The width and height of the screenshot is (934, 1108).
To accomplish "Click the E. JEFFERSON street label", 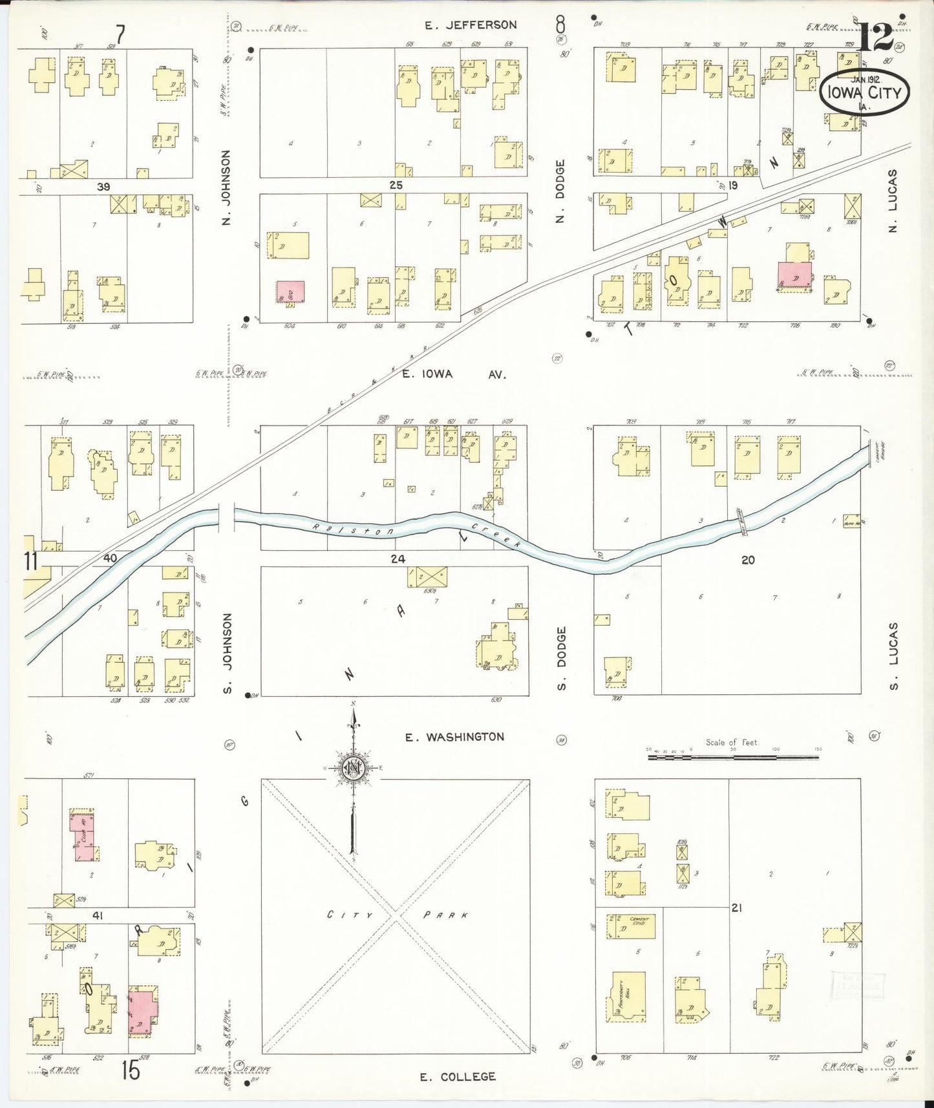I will click(x=471, y=25).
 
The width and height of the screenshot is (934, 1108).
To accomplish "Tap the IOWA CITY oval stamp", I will click(x=864, y=92).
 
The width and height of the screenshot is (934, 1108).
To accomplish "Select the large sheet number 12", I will click(x=876, y=37).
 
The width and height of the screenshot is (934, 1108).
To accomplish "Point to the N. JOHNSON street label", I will click(x=226, y=187).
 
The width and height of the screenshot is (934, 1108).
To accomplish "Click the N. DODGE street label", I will click(x=560, y=191).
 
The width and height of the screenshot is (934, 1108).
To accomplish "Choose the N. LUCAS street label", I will click(x=893, y=200).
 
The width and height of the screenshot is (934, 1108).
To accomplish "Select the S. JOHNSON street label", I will click(x=228, y=654).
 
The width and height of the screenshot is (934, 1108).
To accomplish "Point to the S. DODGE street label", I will click(x=561, y=657).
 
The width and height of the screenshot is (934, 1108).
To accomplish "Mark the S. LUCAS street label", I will click(x=894, y=655).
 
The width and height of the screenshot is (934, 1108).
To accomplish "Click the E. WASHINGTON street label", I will click(x=455, y=737).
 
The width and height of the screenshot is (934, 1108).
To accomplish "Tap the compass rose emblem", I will click(x=354, y=768).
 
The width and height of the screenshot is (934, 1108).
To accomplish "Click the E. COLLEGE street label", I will click(x=458, y=1077).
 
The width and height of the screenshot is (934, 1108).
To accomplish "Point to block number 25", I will click(x=396, y=186).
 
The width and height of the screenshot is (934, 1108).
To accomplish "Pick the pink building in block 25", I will click(x=290, y=292).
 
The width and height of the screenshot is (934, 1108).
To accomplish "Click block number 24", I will click(x=398, y=559).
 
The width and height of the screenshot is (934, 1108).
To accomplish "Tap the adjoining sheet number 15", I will click(x=131, y=1071).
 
